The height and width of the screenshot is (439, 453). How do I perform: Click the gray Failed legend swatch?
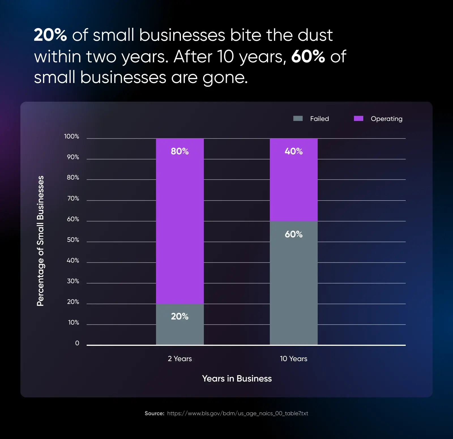coord(298,118)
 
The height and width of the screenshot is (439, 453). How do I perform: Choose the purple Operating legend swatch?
coord(358,118)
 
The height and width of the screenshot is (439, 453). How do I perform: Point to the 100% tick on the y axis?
coord(72,137)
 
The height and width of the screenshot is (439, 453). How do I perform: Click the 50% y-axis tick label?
coord(73,240)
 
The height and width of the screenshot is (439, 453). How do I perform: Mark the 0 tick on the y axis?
coord(77,343)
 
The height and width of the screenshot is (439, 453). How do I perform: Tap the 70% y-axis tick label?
coord(73,199)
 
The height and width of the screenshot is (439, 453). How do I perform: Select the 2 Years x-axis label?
coord(180,359)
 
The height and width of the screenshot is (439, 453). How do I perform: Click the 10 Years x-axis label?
coord(294,359)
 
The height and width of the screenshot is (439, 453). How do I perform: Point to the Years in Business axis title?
coord(237,379)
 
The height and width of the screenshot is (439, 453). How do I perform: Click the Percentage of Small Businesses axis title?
coord(40,241)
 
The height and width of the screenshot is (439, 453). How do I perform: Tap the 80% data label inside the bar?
coord(180,151)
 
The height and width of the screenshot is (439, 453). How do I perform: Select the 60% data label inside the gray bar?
coord(294,234)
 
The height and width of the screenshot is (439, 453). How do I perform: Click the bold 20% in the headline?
coord(50,35)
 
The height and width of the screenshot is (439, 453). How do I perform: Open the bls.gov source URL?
coord(238,414)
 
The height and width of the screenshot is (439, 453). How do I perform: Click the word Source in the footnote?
coord(154,414)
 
